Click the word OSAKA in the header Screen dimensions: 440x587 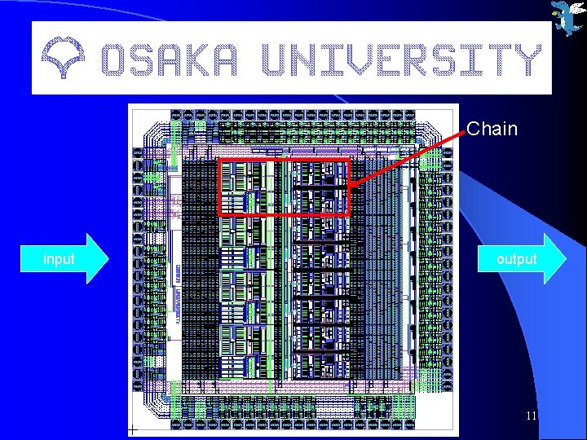tap(170, 59)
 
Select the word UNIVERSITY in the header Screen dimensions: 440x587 tap(399, 59)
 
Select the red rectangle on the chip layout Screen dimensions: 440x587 tap(284, 187)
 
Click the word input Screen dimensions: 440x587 tap(59, 259)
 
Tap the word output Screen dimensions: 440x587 tap(517, 259)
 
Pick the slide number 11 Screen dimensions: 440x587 tap(531, 416)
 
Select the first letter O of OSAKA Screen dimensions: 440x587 tap(115, 59)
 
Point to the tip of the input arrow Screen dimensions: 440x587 tap(107, 259)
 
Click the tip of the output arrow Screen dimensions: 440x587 tap(564, 259)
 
